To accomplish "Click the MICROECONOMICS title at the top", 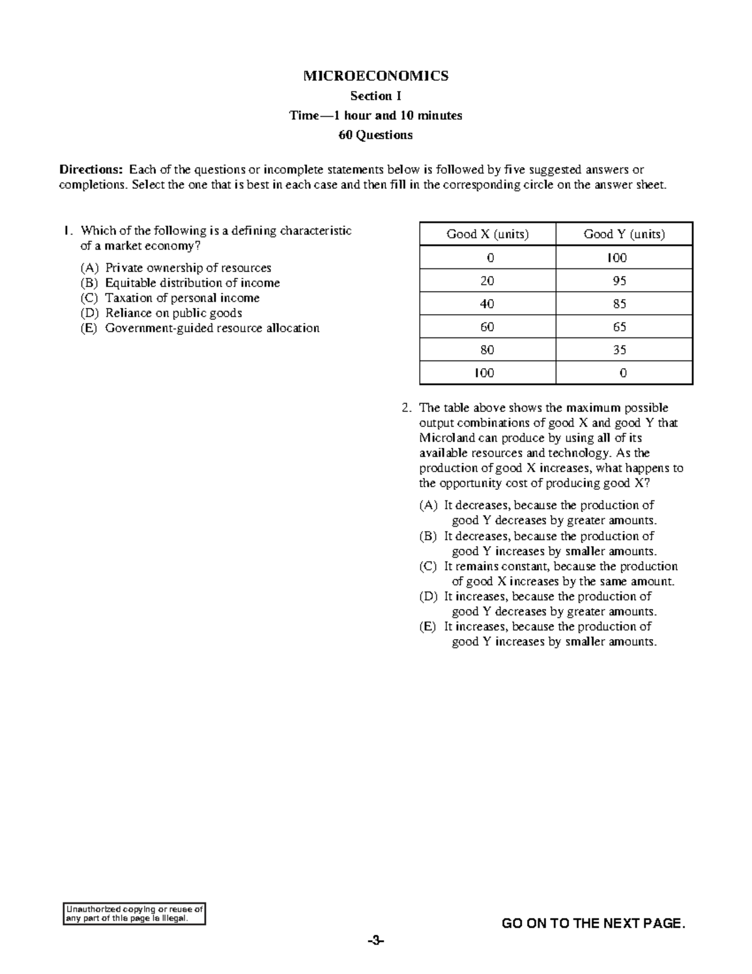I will point(375,76).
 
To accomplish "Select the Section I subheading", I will point(375,96).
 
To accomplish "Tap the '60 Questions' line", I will point(375,135).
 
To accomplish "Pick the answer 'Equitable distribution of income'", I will point(192,283).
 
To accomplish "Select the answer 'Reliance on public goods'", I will point(173,313).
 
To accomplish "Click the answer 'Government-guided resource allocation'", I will point(212,328).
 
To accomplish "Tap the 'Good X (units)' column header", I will point(488,234).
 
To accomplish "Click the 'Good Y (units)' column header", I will point(624,234).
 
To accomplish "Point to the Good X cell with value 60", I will point(487,327).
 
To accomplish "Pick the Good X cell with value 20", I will point(487,281).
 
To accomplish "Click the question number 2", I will point(406,408).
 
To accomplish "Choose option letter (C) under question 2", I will point(428,566).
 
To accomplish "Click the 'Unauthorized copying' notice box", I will point(135,914).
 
